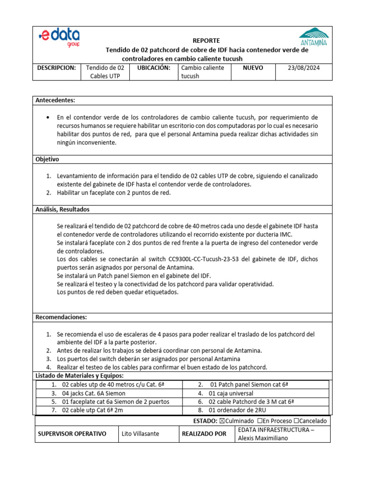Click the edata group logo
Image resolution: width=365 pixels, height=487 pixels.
coord(59,38)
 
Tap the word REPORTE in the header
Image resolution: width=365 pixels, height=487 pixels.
coord(206,40)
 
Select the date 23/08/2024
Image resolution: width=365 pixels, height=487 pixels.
coord(304,68)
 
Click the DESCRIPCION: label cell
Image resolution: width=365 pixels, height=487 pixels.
coord(57,68)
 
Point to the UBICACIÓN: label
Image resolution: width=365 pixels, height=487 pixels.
coord(154,68)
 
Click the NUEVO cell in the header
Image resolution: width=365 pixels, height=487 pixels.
coord(252,68)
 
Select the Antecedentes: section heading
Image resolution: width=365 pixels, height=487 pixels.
coord(56,100)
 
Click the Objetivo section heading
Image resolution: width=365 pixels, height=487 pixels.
coord(48,159)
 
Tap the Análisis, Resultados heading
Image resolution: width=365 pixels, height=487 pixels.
coord(63,209)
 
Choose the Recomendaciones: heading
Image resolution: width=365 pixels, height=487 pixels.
coord(61,317)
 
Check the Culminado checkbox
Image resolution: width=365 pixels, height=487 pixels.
coord(221,421)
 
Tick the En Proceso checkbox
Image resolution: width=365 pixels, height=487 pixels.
coord(260,421)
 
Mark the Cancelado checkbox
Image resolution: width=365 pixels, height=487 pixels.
coord(297,421)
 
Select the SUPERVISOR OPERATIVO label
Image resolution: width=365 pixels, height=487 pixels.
coord(72,434)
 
